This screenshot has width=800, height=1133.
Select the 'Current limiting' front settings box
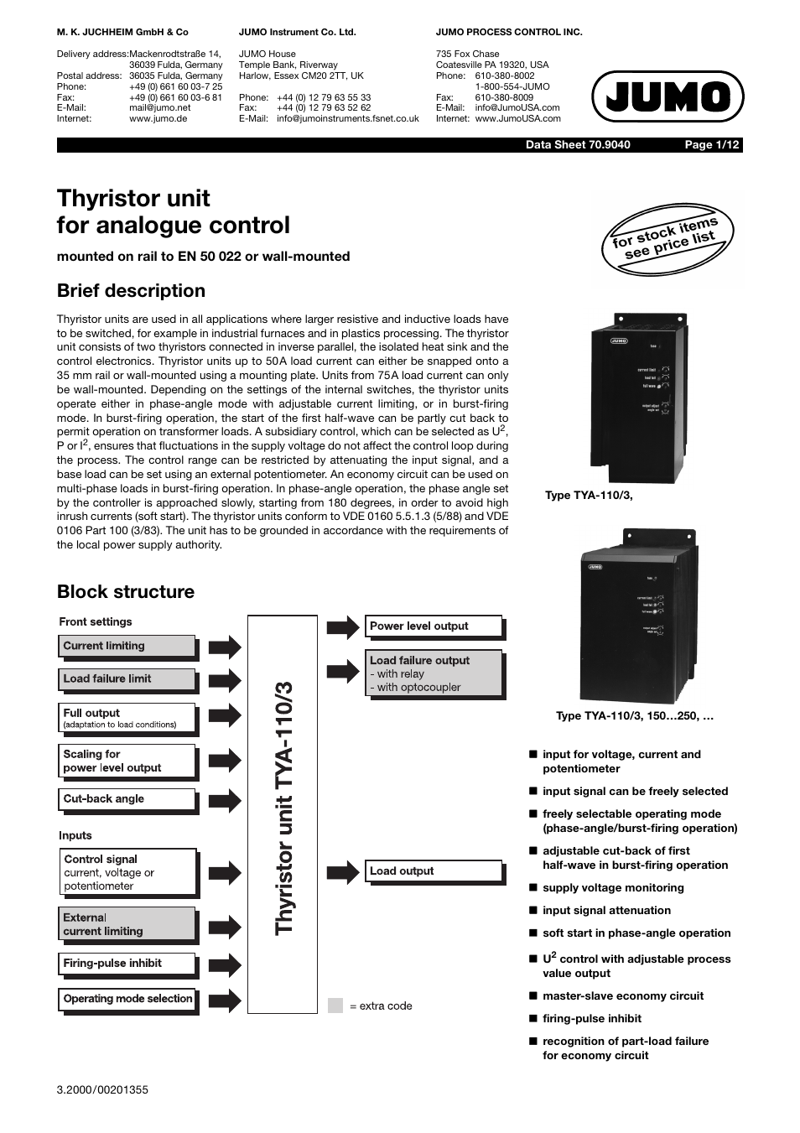(x=128, y=647)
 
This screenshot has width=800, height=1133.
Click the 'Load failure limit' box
(x=128, y=679)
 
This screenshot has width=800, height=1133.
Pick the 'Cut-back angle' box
(x=128, y=799)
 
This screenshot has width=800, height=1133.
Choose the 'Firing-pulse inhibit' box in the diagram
(x=128, y=964)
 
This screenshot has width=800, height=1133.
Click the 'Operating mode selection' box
(x=128, y=999)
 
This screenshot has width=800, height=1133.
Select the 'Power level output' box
(x=434, y=626)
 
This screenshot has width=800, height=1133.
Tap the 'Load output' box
(x=434, y=871)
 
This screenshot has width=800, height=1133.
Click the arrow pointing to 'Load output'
(x=342, y=871)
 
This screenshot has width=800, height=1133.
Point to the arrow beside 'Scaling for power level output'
(x=224, y=761)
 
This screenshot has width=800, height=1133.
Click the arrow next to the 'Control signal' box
(x=224, y=872)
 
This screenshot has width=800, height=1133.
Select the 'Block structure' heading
(x=126, y=592)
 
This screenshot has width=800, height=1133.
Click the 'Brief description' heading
(x=131, y=291)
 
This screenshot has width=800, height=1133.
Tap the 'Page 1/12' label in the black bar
(x=712, y=145)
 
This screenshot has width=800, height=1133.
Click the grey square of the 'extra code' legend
(x=335, y=1006)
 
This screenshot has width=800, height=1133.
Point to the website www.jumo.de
(x=158, y=119)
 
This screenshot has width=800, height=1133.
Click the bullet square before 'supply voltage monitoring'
(x=532, y=887)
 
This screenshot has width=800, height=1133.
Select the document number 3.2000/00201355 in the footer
(x=102, y=1090)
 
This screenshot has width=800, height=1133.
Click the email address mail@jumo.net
(x=159, y=108)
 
